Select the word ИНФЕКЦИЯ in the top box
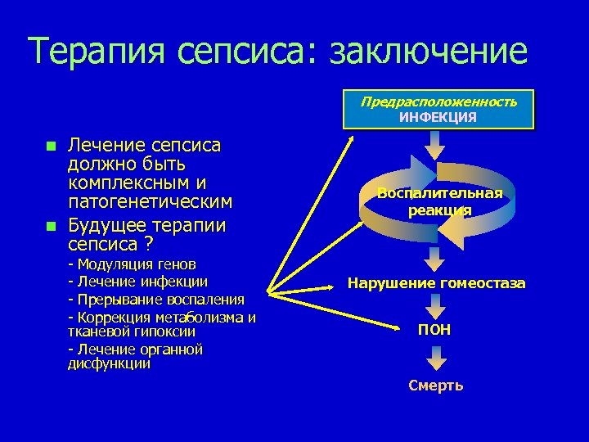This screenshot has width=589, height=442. coord(438,117)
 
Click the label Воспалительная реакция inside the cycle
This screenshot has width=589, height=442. coord(439,201)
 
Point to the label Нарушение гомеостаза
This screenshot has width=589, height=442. coord(436,284)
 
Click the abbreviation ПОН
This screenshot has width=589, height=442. coord(434,330)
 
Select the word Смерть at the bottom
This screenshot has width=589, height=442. coord(435,386)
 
